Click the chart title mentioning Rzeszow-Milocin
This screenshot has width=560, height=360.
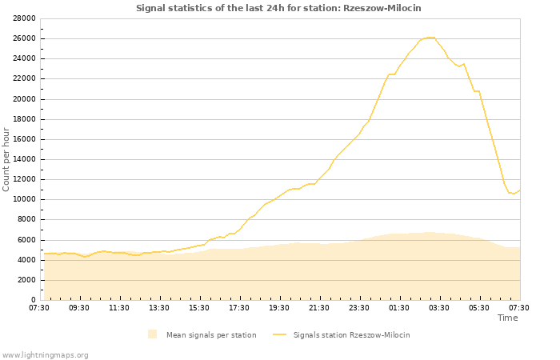pos(278,8)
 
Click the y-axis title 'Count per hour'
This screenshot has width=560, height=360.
pos(6,159)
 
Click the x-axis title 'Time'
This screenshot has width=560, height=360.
pos(507,318)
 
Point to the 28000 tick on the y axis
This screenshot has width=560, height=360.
pos(24,18)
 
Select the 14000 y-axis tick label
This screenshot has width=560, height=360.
pos(24,159)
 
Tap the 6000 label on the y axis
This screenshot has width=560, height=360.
pos(26,240)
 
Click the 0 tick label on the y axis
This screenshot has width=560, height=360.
pos(34,300)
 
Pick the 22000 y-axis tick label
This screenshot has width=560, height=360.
pos(24,78)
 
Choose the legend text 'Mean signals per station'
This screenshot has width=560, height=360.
pos(211,335)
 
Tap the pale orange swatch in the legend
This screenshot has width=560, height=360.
pos(153,334)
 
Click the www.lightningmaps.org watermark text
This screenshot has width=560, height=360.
pos(46,354)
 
